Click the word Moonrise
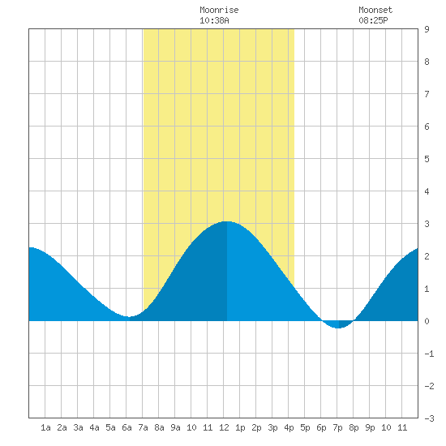[219, 10]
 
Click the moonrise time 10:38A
[214, 20]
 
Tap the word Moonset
[375, 10]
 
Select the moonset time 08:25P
[373, 20]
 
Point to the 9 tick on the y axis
[427, 29]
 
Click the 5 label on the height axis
[427, 159]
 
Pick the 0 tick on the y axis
[427, 321]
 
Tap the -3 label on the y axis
[429, 418]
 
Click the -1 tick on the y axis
[429, 354]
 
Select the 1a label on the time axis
[45, 427]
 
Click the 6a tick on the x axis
[127, 427]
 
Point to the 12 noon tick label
[224, 427]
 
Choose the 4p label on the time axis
[289, 427]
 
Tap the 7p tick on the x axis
[337, 427]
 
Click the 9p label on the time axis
[370, 427]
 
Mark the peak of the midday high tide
[227, 221]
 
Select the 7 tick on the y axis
[427, 94]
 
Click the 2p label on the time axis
[256, 427]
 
